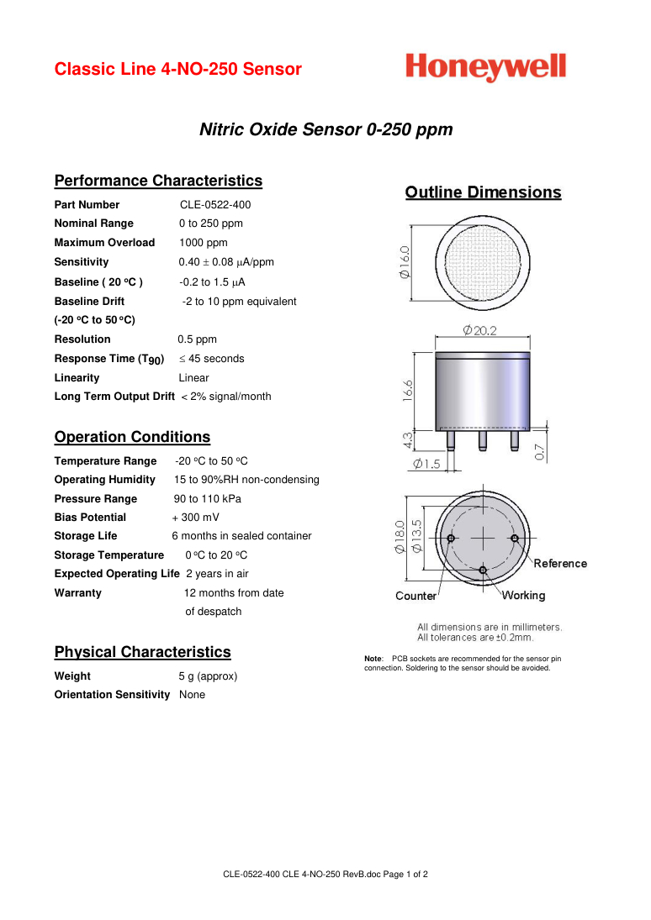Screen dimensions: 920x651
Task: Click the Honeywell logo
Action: (x=485, y=67)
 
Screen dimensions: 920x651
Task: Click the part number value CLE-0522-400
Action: (x=215, y=205)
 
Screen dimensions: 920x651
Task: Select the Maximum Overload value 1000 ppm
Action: (x=203, y=243)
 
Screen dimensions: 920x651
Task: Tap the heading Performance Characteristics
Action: (x=158, y=181)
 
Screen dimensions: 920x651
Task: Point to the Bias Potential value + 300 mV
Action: (x=195, y=518)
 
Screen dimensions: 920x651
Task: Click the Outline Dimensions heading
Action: (x=483, y=192)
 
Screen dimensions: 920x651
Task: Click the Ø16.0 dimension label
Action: (x=405, y=261)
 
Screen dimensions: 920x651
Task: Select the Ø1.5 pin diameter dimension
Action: (x=426, y=464)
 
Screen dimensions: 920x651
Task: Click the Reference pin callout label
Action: (x=560, y=564)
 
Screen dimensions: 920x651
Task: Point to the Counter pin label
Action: (x=415, y=597)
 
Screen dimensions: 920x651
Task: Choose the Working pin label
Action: (x=523, y=596)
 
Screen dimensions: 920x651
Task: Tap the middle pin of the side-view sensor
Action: (x=483, y=439)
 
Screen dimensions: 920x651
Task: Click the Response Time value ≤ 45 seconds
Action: (x=211, y=359)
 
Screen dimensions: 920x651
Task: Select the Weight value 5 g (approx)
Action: (x=208, y=676)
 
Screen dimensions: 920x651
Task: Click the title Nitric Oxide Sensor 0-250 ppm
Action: (x=325, y=130)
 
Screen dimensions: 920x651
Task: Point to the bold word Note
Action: (x=373, y=658)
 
